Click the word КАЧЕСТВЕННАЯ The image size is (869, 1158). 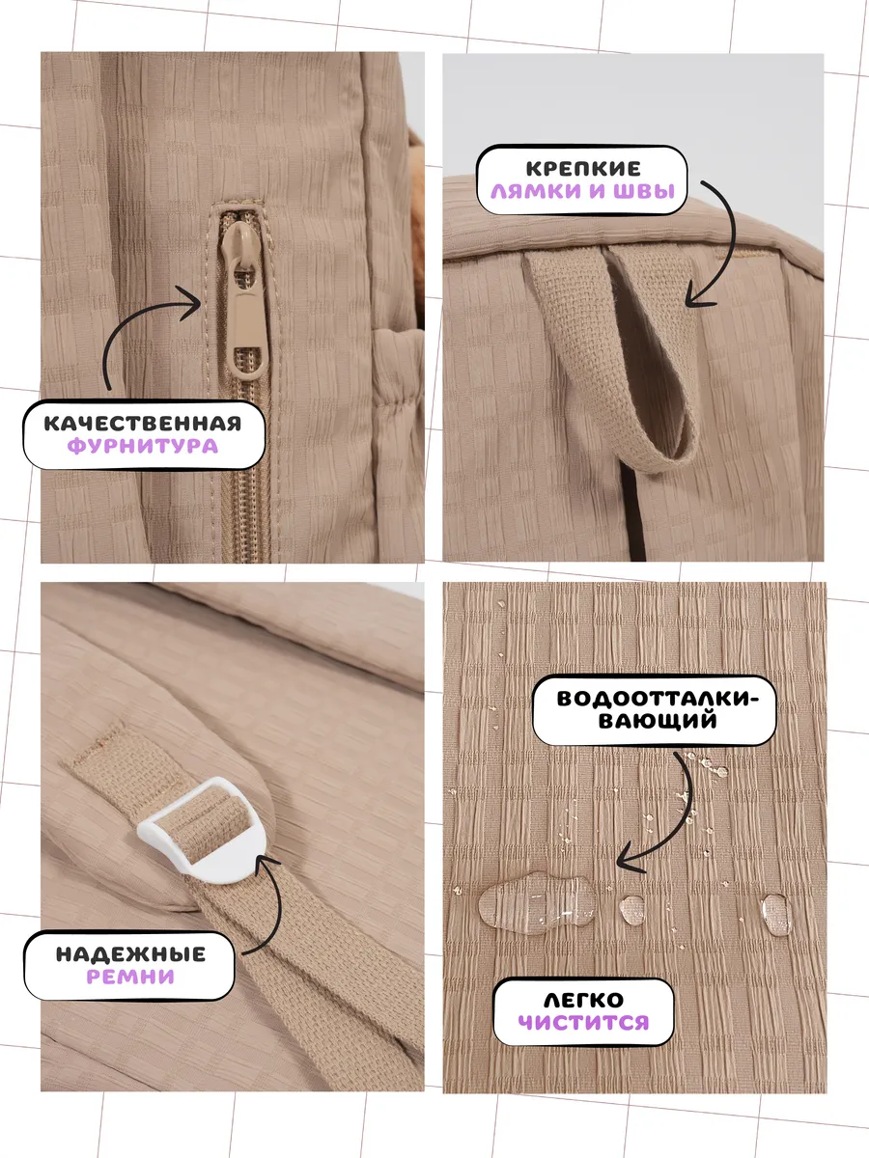click(143, 424)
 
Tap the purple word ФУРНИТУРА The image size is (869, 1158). click(143, 447)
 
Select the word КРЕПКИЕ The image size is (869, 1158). click(583, 169)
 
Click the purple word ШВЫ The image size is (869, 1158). click(644, 191)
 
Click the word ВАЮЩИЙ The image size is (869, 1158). click(658, 721)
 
